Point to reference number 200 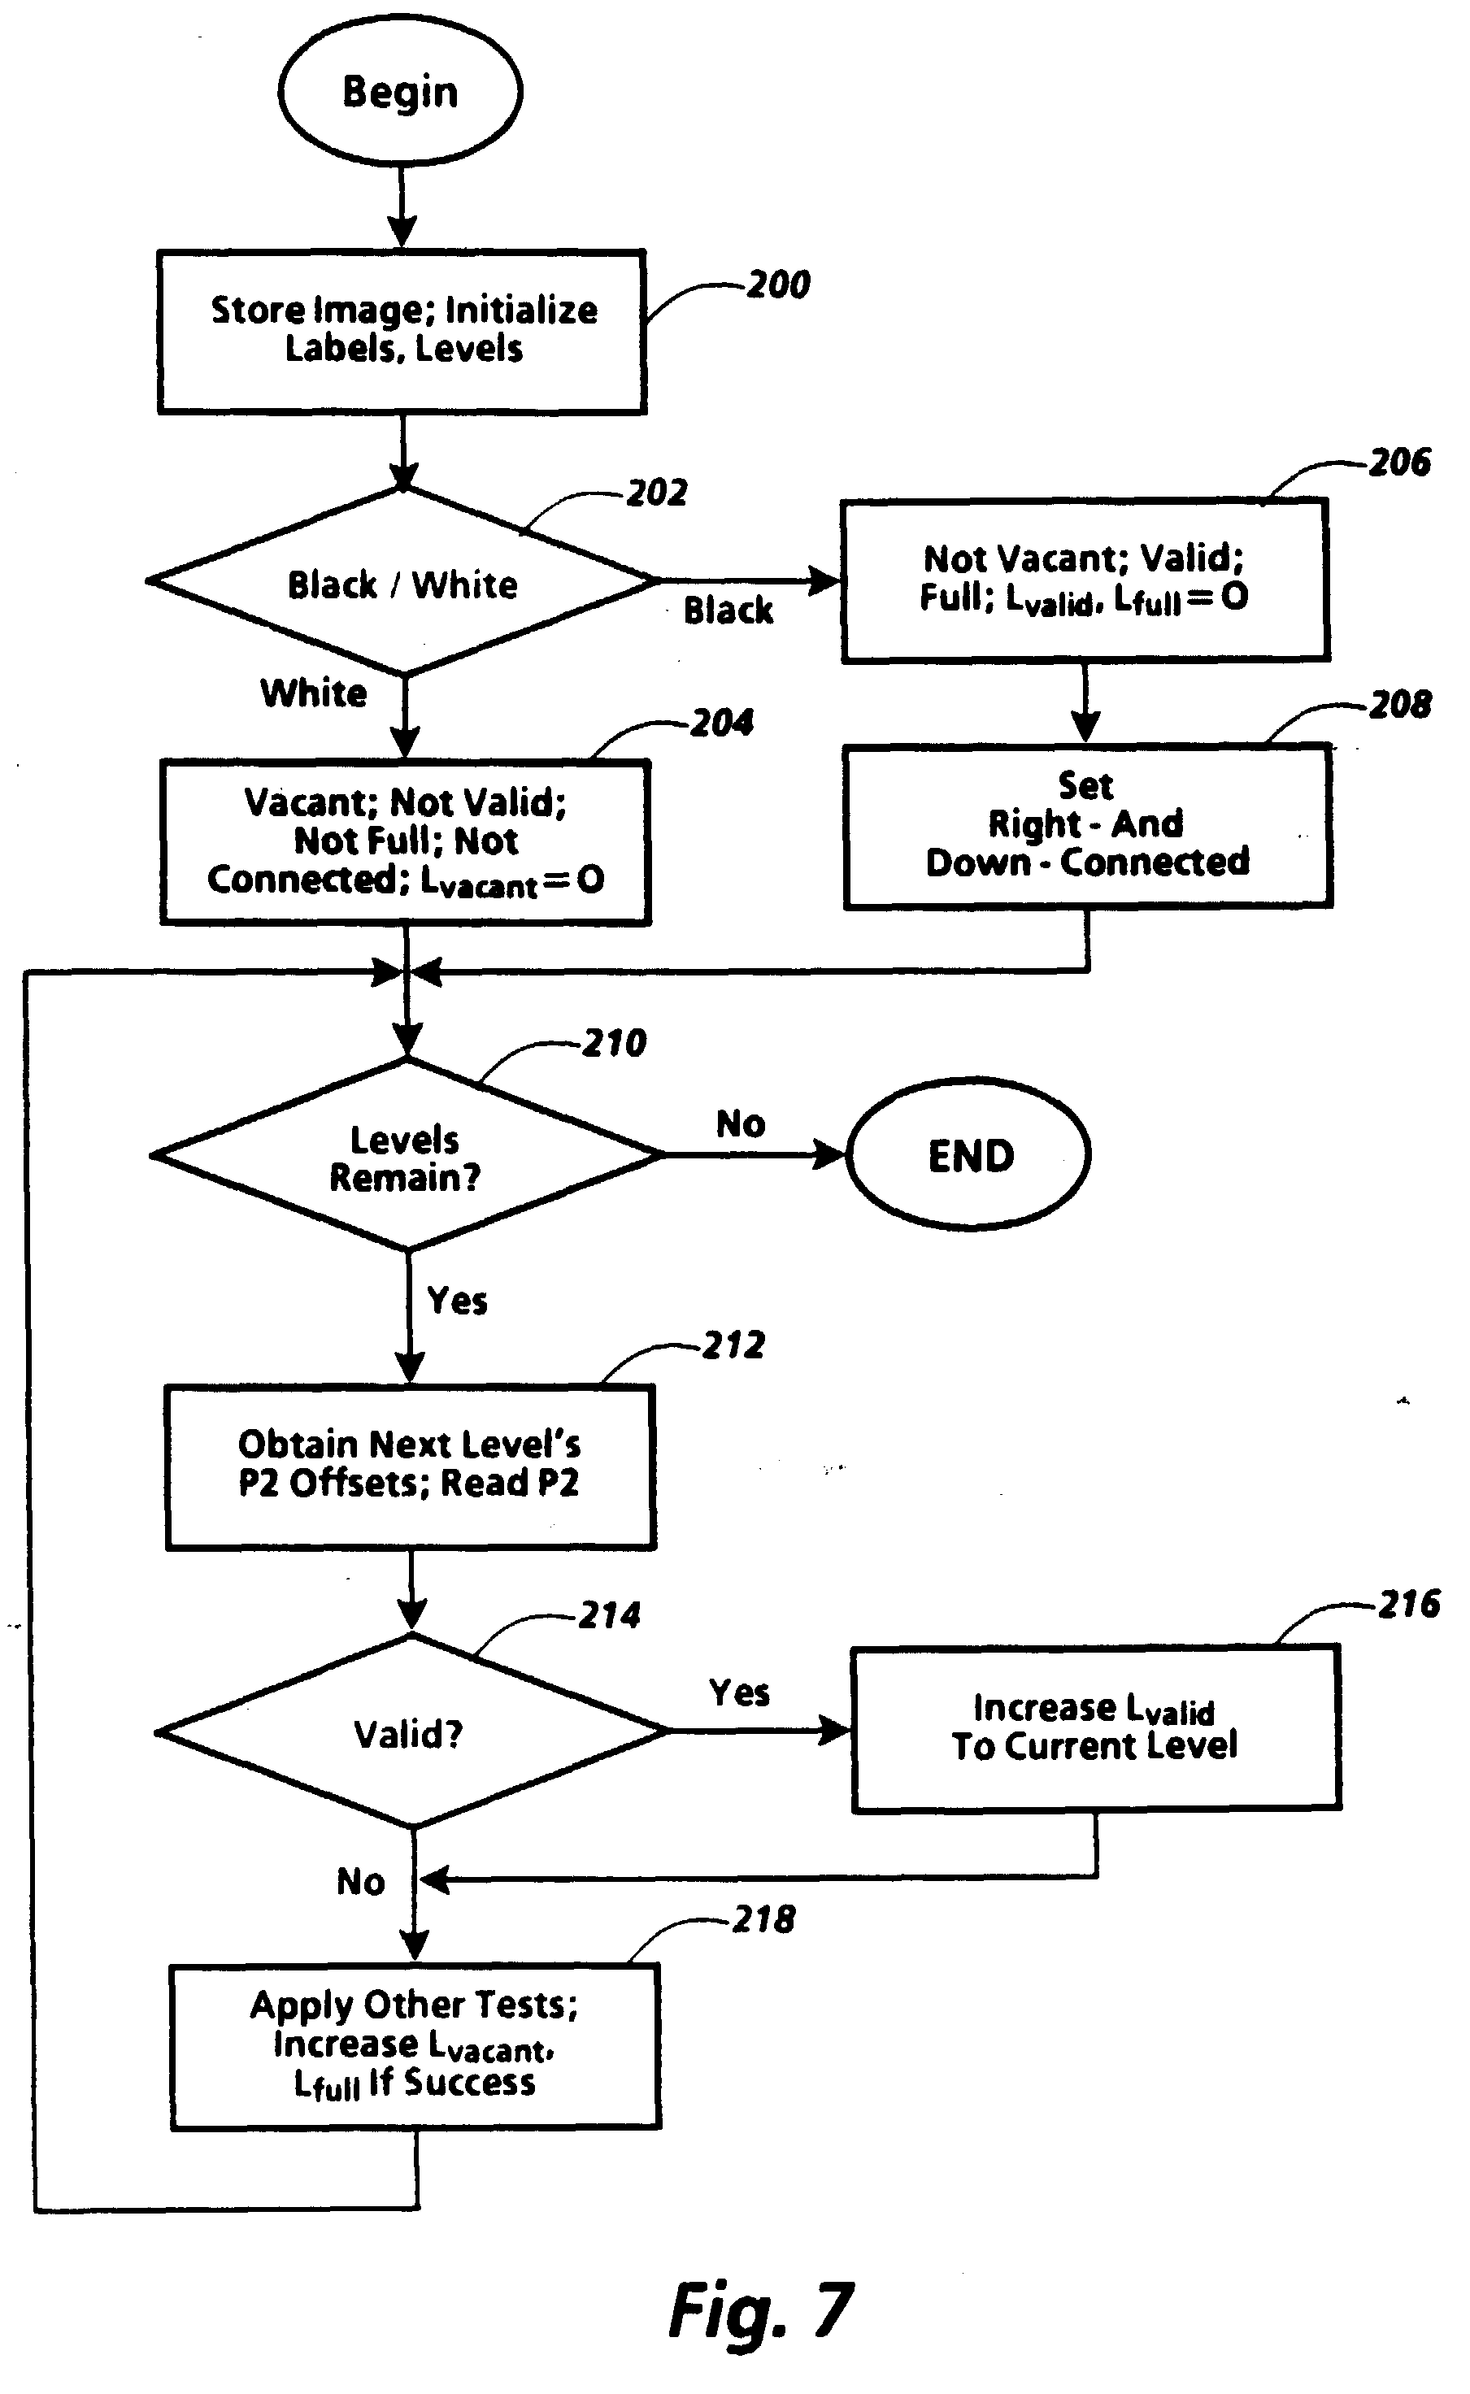click(x=778, y=285)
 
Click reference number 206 click(x=1400, y=462)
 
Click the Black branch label click(x=728, y=610)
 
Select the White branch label click(x=314, y=693)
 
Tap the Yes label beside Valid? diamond click(x=740, y=1692)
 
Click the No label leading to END click(x=741, y=1123)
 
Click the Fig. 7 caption click(x=761, y=2309)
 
